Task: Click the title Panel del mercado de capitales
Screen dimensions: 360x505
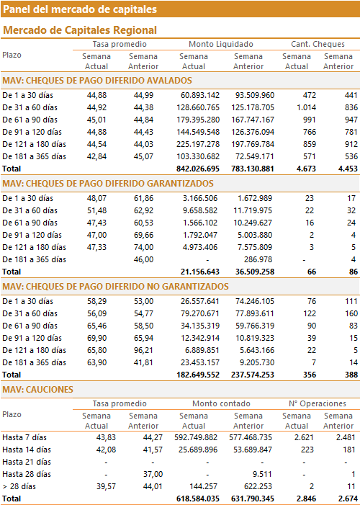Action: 80,9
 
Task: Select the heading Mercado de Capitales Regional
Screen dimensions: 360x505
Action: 80,30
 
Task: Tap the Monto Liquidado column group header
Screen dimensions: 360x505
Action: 221,44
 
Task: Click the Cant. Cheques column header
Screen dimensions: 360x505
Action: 318,44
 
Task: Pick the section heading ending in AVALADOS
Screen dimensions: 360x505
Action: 97,81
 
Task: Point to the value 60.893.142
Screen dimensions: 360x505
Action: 198,95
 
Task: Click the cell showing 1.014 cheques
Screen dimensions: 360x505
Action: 306,107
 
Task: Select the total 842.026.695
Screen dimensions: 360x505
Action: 198,169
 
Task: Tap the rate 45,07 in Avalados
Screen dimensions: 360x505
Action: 143,156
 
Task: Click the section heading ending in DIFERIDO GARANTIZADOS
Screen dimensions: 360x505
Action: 108,184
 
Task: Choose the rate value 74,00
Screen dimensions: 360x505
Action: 143,247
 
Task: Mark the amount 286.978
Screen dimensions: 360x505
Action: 258,259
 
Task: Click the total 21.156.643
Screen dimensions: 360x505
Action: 200,272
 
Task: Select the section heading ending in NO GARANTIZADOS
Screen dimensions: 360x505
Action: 116,287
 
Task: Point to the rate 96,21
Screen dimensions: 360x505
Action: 143,350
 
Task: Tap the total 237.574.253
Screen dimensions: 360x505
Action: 253,375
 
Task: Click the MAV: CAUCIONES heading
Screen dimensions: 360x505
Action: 38,390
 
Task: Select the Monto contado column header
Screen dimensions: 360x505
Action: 221,403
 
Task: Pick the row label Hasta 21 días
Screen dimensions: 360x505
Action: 27,462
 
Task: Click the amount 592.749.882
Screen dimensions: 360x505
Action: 196,437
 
